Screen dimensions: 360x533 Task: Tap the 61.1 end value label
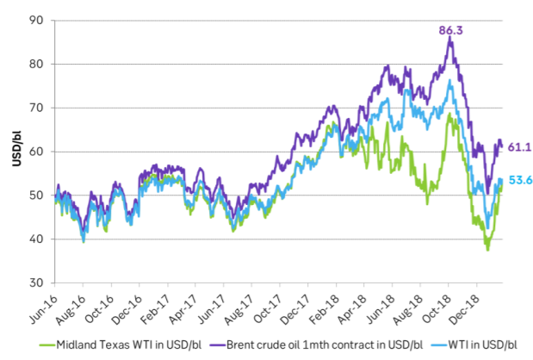[520, 147]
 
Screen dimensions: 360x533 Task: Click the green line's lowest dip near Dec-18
[487, 249]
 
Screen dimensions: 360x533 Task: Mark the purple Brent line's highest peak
[449, 38]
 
